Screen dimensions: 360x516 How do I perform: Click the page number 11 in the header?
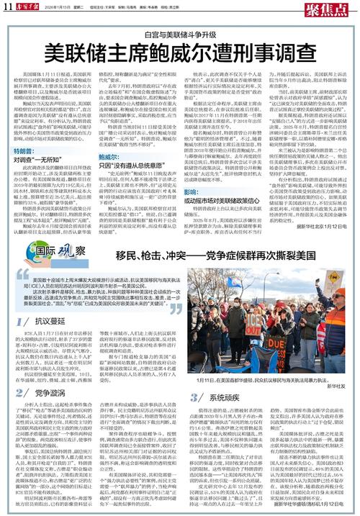coord(8,6)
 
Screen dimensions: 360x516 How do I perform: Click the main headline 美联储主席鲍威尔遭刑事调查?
coord(179,53)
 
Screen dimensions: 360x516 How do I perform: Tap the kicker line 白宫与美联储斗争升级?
coord(179,34)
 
